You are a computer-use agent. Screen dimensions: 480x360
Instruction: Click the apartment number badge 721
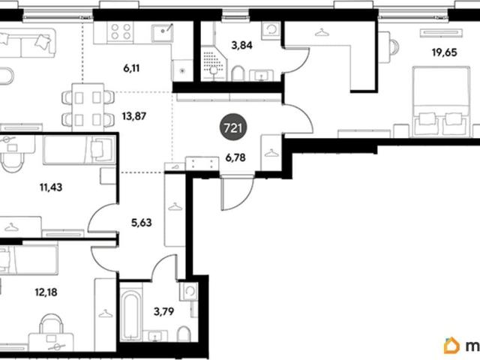click(233, 128)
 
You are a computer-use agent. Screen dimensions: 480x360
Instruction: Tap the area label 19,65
click(444, 52)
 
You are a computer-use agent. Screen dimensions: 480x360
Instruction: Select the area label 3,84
click(241, 45)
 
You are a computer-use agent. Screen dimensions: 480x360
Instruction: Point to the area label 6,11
click(131, 68)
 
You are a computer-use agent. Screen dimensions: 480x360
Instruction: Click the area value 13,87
click(134, 116)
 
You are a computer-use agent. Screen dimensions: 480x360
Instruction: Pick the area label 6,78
click(235, 158)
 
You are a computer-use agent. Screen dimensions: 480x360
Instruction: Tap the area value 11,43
click(51, 187)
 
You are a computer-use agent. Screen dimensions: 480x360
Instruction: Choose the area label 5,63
click(142, 223)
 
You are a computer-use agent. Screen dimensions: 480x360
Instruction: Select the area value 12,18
click(46, 292)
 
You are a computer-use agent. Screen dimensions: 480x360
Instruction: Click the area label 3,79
click(163, 312)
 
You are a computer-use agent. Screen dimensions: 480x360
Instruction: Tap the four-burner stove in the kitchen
click(121, 31)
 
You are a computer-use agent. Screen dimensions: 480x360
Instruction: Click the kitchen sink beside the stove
click(162, 32)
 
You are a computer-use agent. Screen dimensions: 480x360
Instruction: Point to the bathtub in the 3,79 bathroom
click(130, 315)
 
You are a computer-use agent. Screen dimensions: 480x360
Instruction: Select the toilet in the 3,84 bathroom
click(238, 73)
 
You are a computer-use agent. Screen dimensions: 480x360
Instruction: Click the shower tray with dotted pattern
click(214, 63)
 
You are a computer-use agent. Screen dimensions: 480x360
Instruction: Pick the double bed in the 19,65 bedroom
click(441, 102)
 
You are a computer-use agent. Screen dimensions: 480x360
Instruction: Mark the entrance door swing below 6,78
click(238, 193)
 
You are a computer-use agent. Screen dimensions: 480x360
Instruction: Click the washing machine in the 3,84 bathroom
click(271, 30)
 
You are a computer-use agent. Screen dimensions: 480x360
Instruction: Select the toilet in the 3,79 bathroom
click(184, 334)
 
